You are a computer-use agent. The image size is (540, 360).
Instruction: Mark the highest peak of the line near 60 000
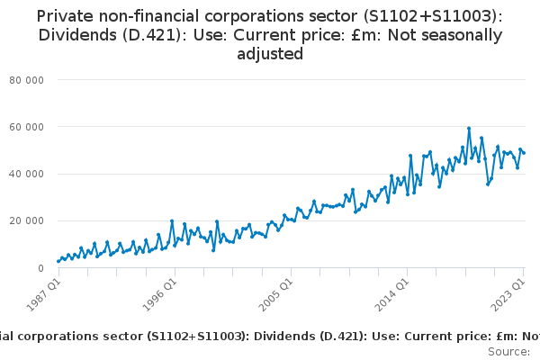pyautogui.click(x=469, y=128)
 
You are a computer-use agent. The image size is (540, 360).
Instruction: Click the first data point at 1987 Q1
pyautogui.click(x=58, y=262)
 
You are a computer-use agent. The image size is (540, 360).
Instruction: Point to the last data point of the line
pyautogui.click(x=524, y=152)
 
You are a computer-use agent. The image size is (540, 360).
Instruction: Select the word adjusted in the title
pyautogui.click(x=269, y=54)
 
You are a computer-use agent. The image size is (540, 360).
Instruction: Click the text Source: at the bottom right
pyautogui.click(x=508, y=351)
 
